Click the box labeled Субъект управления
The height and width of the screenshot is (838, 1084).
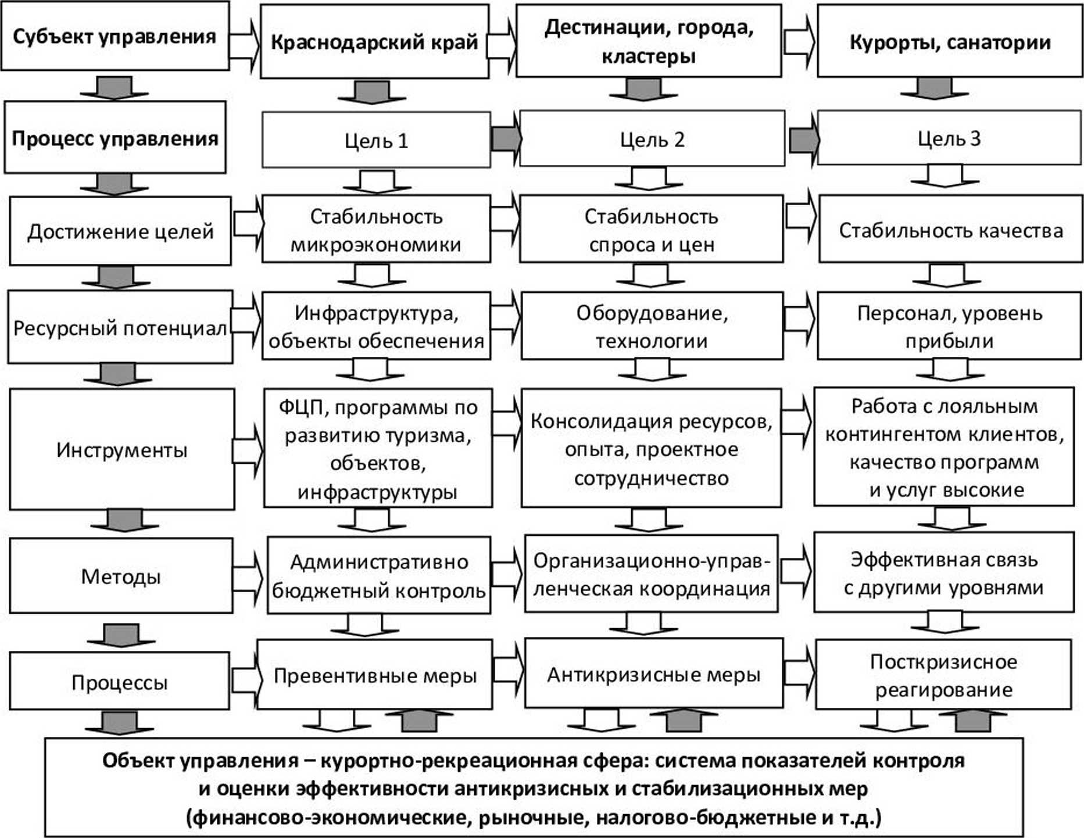(x=115, y=36)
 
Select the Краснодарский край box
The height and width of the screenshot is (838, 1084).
(x=374, y=42)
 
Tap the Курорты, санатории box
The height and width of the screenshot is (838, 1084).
(x=950, y=42)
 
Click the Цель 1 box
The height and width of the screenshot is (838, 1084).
(x=376, y=140)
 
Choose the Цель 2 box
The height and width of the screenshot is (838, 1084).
(x=652, y=139)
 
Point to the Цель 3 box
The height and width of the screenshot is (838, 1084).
(x=949, y=138)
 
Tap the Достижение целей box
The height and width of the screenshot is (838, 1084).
(x=120, y=231)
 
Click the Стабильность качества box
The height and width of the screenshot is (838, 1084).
(x=950, y=230)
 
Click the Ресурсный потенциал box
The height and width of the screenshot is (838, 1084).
(x=120, y=328)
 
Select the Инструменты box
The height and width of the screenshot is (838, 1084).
(x=122, y=450)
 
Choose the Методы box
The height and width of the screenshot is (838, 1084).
(x=121, y=576)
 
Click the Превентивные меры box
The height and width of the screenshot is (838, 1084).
(x=375, y=675)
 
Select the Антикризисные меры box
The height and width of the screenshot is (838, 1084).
(x=653, y=674)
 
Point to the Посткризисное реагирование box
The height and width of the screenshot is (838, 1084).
(x=943, y=675)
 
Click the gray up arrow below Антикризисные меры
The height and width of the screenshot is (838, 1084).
(x=675, y=721)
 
